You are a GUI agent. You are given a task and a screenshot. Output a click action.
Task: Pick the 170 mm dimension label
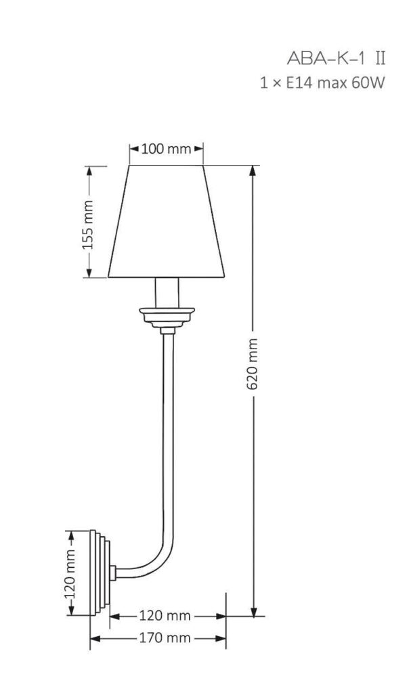(x=158, y=638)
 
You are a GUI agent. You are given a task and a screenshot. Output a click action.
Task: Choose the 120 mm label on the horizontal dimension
(x=165, y=616)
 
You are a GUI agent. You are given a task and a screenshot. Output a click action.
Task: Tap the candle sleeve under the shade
(x=167, y=292)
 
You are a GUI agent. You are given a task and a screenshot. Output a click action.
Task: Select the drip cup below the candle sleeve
(x=167, y=316)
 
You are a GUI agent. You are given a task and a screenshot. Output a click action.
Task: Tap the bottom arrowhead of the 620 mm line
(x=254, y=612)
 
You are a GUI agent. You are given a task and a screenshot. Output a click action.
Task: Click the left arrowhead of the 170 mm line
(x=94, y=638)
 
